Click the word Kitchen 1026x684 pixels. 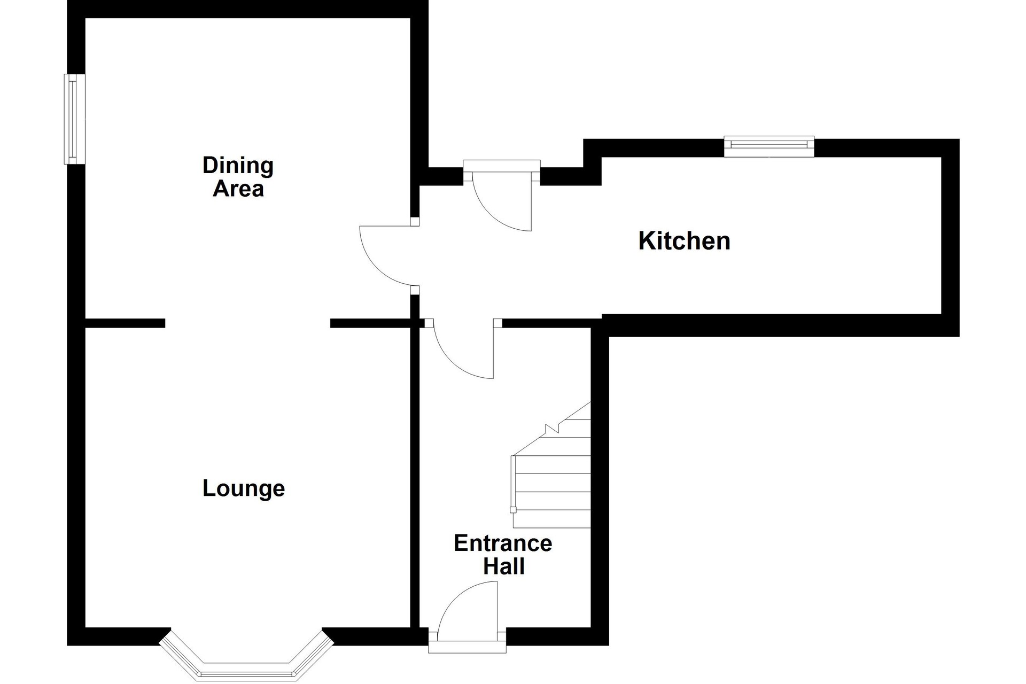(x=684, y=241)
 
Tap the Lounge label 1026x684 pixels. (x=244, y=488)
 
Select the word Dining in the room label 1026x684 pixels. (x=238, y=166)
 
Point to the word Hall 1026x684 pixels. (x=504, y=566)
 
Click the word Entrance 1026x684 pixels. (x=503, y=543)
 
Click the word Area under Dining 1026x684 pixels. (x=238, y=189)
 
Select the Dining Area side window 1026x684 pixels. (x=74, y=119)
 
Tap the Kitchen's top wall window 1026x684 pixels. (x=769, y=146)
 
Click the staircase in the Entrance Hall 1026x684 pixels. (x=551, y=465)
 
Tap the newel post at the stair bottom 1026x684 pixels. (x=514, y=510)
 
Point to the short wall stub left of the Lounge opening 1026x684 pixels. (x=125, y=323)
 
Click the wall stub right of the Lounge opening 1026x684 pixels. (x=370, y=323)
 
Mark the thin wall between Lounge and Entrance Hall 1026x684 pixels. (x=415, y=476)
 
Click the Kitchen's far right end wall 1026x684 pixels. (x=950, y=238)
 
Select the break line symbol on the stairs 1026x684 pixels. (x=552, y=428)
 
